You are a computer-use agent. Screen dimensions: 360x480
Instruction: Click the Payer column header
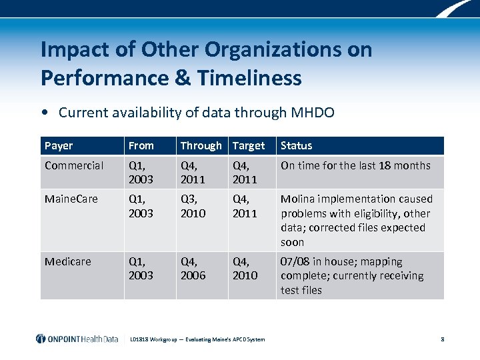59,145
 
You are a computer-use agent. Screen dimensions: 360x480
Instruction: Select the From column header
141,145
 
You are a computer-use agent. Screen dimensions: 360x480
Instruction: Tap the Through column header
201,145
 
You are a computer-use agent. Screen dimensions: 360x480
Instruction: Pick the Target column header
249,145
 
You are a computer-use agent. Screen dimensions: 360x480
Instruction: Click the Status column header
296,145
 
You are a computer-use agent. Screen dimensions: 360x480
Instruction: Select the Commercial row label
74,165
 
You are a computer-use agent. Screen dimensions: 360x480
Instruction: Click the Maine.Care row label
71,199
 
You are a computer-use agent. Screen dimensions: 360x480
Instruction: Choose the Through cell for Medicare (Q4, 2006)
194,268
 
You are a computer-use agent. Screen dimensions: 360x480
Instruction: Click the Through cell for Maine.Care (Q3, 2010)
194,206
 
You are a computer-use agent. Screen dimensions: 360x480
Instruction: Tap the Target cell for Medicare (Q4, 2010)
245,268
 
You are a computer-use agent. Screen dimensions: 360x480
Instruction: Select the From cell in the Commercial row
141,172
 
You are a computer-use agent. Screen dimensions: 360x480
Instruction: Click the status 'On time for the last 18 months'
355,165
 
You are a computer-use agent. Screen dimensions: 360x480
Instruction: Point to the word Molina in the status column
298,199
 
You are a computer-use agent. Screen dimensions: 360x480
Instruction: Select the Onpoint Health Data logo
77,339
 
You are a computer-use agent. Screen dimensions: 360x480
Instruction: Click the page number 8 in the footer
442,339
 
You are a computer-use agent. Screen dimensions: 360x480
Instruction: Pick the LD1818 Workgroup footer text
197,339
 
